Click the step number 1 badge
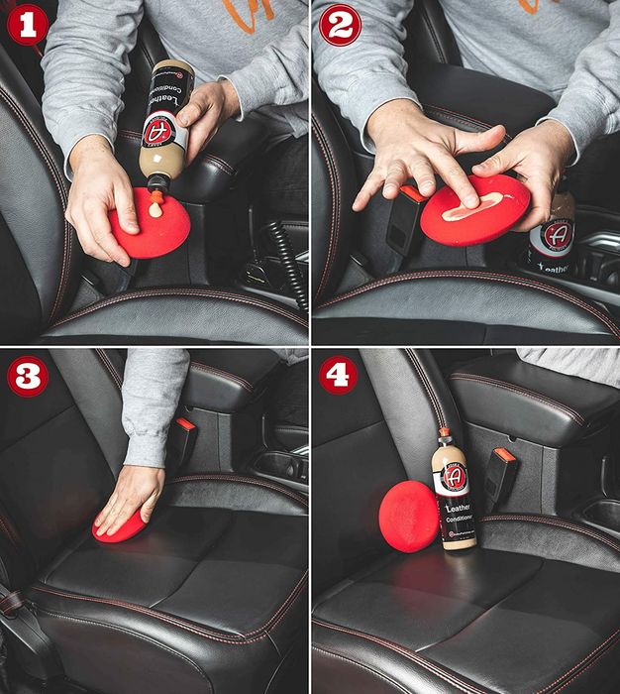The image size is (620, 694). point(27,25)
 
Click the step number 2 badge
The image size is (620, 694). point(338,25)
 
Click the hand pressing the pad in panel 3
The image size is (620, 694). point(131,496)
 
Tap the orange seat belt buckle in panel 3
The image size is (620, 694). point(184,424)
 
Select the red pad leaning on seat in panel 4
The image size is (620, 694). point(407,516)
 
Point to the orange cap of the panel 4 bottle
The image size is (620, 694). point(447,435)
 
